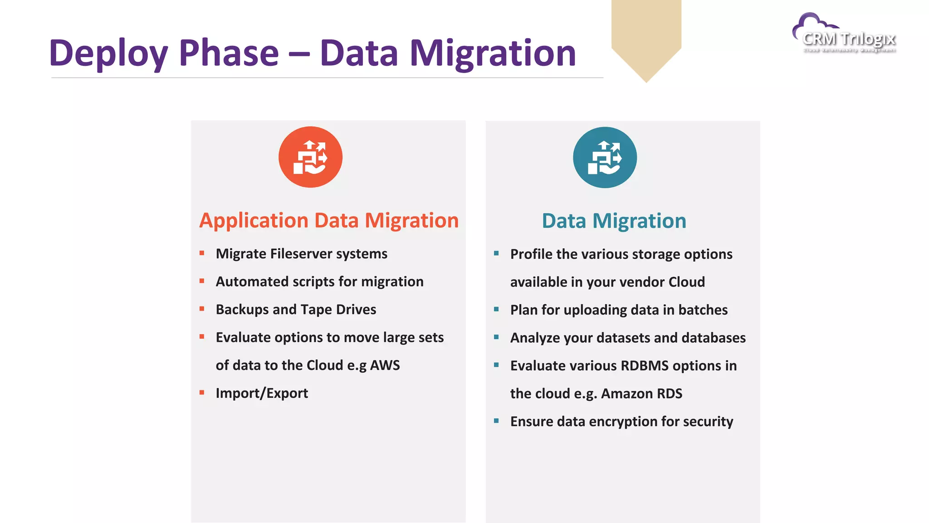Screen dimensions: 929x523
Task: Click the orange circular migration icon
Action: click(x=310, y=157)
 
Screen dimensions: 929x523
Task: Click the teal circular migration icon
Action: click(x=605, y=158)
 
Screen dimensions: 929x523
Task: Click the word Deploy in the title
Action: click(x=108, y=54)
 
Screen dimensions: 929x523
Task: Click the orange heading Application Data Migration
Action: click(x=329, y=221)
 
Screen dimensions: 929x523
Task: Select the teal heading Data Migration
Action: click(x=614, y=221)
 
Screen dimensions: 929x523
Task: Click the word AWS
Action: click(x=385, y=365)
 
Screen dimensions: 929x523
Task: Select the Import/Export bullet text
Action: click(x=262, y=393)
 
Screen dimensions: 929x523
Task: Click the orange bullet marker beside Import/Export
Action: click(x=202, y=393)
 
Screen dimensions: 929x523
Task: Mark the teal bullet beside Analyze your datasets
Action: click(x=496, y=337)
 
